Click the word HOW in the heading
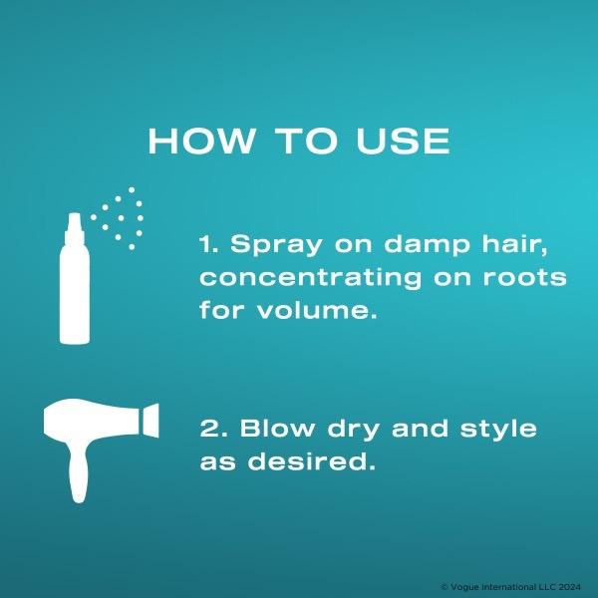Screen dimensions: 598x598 200,141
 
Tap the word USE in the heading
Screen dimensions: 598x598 403,141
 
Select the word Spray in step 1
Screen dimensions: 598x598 276,245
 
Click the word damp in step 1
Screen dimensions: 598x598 427,245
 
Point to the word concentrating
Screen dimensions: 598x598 310,278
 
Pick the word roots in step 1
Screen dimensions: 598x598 525,277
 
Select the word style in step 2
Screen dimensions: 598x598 498,430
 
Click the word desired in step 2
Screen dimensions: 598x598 312,460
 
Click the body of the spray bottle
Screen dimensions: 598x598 75,294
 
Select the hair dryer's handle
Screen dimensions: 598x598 78,472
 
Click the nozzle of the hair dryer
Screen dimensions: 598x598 150,421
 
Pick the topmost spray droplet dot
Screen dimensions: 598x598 132,189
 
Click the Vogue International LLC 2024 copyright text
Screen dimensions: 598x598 511,587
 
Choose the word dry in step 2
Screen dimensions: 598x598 353,430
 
